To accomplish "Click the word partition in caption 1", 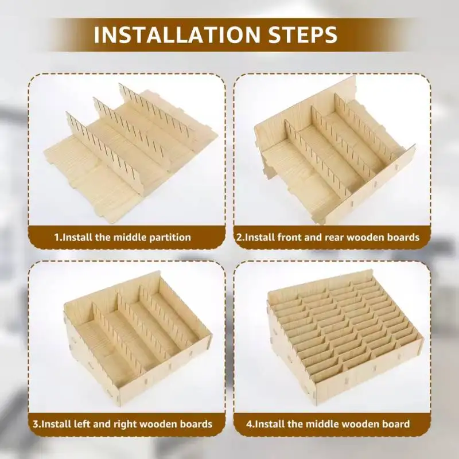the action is pos(170,237).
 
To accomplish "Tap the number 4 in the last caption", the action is pos(249,424).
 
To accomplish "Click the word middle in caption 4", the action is pos(322,424).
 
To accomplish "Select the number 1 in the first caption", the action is pos(57,237).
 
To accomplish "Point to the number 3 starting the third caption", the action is pos(36,424).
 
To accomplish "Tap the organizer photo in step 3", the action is pos(137,339).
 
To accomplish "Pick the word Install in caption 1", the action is pos(77,237).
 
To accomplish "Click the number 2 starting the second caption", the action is pos(239,237).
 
